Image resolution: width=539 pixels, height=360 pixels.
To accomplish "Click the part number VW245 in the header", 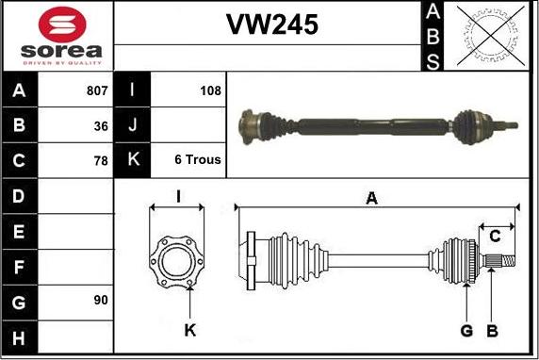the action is (272, 25).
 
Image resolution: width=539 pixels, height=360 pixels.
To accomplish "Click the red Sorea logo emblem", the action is (62, 25).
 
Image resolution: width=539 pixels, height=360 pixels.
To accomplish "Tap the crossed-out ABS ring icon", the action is (491, 36).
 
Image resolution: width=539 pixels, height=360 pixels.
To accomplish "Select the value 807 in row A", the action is (97, 90).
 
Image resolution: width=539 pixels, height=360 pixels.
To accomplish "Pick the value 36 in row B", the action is (101, 126).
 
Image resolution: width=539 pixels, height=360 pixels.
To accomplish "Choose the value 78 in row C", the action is (101, 161).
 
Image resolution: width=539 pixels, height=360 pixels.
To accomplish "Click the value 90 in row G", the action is (101, 301).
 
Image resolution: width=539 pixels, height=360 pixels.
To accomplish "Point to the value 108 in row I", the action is (210, 90).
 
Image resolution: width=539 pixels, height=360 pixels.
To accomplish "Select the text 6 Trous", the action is (198, 159).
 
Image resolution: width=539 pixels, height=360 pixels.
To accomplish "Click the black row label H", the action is (19, 338).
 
